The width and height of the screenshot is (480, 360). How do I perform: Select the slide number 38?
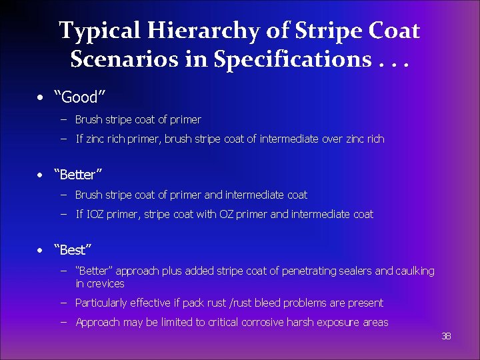[446, 336]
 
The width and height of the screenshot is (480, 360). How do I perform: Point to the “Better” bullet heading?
[80, 175]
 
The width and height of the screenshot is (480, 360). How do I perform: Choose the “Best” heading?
[75, 250]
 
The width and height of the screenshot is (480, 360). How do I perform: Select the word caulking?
[415, 271]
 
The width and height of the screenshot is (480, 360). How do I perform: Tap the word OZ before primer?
[227, 214]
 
